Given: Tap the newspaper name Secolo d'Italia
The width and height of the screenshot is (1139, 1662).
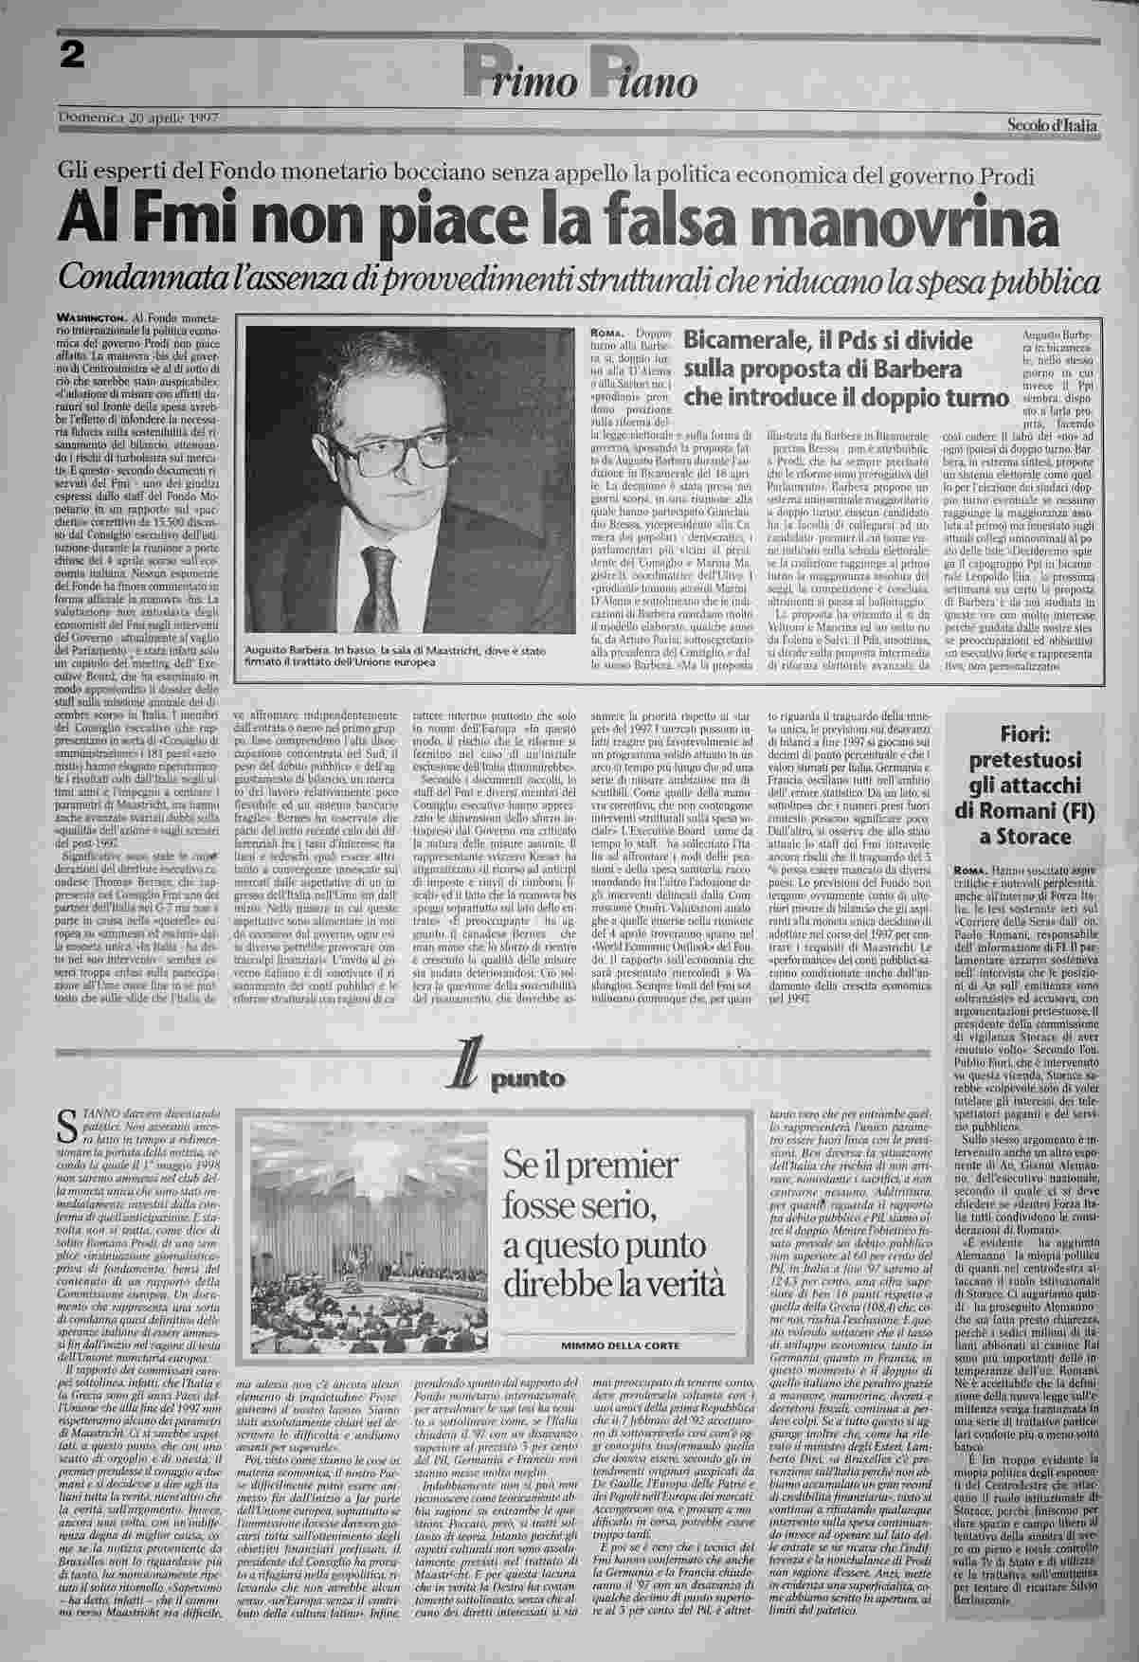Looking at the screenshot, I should point(1052,125).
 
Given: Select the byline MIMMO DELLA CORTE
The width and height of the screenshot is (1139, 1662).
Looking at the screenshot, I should point(620,1345).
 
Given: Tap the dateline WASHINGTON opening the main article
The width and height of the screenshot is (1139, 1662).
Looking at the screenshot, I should point(91,316).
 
